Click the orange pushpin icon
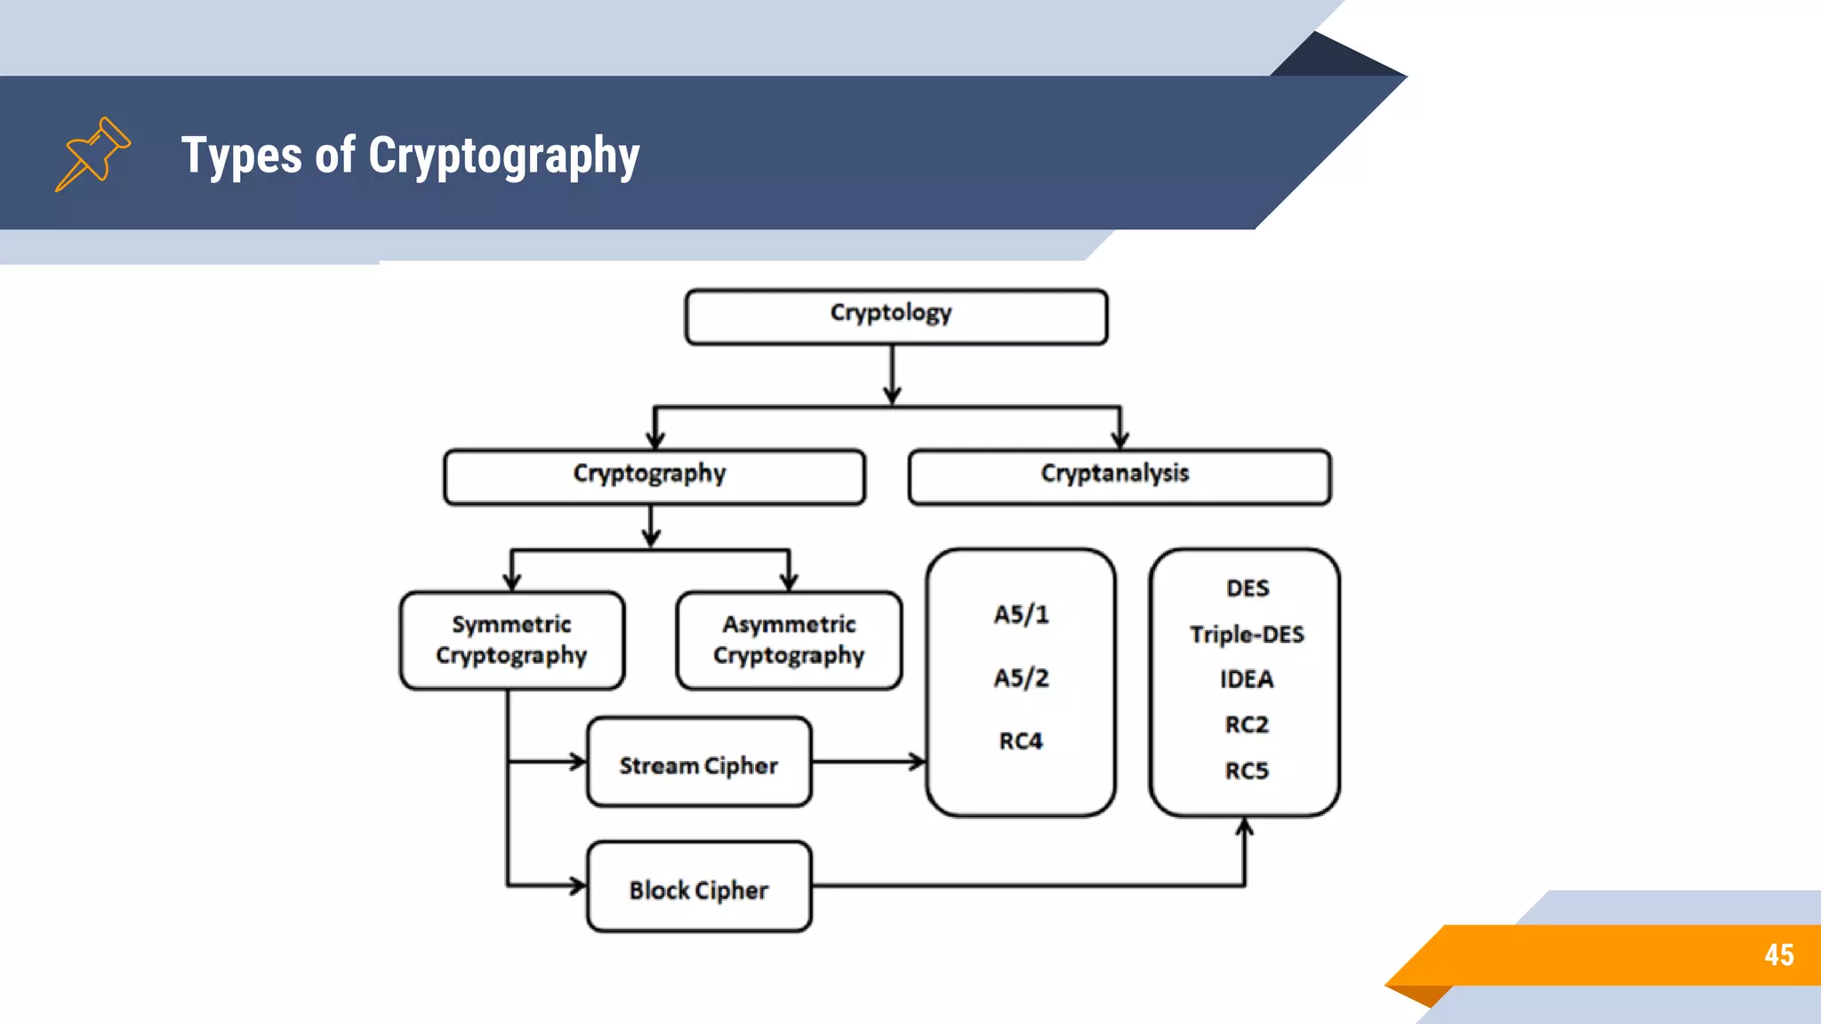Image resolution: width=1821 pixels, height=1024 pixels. [x=92, y=154]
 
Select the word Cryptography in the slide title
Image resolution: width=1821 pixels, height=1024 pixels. [x=503, y=156]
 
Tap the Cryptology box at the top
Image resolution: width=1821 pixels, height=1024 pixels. [x=895, y=316]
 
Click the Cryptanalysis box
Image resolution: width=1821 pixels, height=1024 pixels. [x=1119, y=476]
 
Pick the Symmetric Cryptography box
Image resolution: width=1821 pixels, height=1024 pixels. [x=512, y=640]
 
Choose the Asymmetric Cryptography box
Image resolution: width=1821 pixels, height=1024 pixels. [x=789, y=640]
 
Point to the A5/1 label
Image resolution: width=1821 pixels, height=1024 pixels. [x=1021, y=614]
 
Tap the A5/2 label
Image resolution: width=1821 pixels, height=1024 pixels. [x=1021, y=678]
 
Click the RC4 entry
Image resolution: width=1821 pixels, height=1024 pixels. [x=1021, y=741]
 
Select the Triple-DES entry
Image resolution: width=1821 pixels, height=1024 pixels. [x=1247, y=635]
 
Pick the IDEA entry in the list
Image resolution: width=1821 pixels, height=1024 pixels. [x=1247, y=680]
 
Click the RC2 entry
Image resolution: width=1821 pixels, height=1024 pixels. [x=1247, y=725]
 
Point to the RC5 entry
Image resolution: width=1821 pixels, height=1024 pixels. [x=1247, y=771]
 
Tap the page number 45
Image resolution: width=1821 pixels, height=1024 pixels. [x=1778, y=955]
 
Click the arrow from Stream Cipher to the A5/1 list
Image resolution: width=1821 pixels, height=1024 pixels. [x=869, y=762]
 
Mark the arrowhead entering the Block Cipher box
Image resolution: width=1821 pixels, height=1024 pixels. [x=577, y=885]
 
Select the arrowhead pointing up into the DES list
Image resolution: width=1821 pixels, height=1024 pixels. [x=1245, y=828]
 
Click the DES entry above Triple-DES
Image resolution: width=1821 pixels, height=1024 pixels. [x=1247, y=588]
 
